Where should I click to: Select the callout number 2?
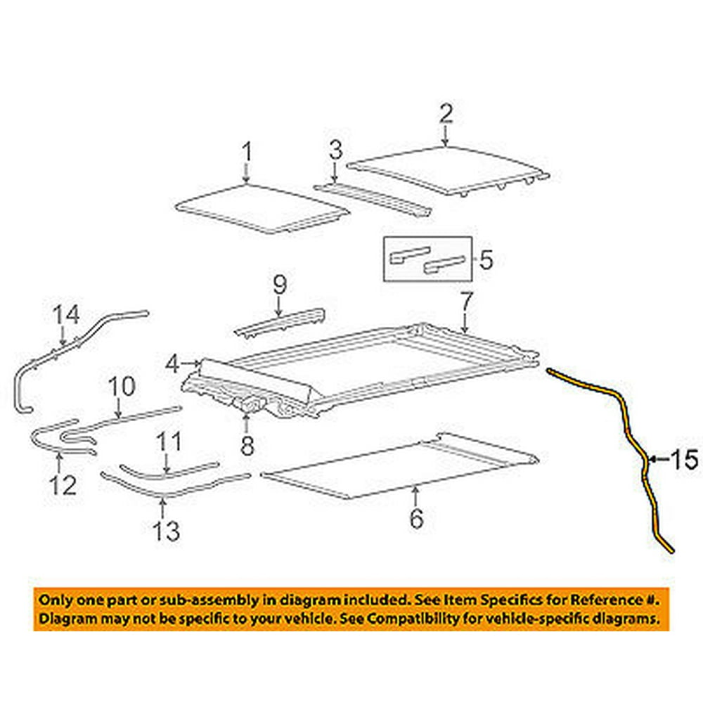click(446, 114)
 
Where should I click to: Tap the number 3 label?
click(336, 150)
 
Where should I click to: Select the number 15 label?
click(685, 459)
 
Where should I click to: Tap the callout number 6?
click(416, 518)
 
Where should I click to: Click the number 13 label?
click(167, 531)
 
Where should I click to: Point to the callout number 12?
click(63, 484)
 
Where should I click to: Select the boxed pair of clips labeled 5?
click(427, 259)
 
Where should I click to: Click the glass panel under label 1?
click(262, 209)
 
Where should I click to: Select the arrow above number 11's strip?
click(167, 462)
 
